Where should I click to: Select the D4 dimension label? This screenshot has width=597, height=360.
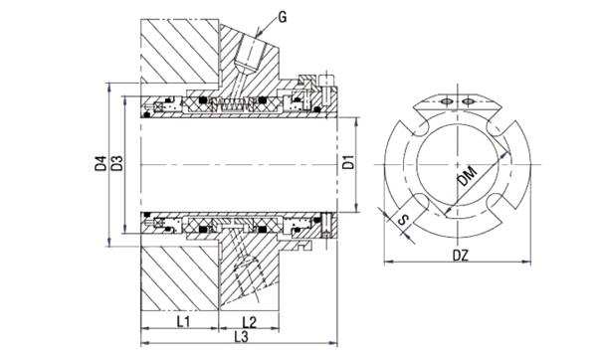click(100, 162)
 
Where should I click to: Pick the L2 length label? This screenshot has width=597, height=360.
click(251, 322)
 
